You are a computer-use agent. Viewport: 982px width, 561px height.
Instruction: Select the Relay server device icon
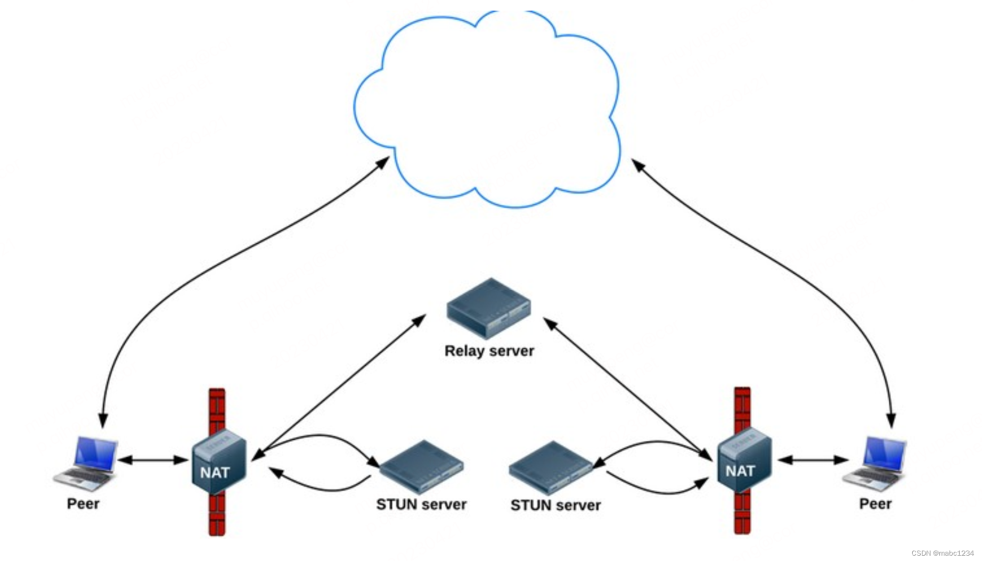coord(488,308)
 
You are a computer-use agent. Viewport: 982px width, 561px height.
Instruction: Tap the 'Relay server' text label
coord(489,351)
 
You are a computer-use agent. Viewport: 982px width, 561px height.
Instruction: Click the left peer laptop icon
coord(86,463)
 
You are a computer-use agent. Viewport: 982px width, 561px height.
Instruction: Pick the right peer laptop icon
coord(875,463)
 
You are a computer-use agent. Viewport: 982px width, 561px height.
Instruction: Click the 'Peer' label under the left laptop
coord(83,504)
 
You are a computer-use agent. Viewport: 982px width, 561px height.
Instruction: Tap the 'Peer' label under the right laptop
coord(875,504)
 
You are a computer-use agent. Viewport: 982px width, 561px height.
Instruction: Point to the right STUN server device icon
coord(551,467)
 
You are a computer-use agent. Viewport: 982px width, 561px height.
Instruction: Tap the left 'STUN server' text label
coord(421,504)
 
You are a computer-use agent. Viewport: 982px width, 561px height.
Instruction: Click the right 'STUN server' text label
coord(555,505)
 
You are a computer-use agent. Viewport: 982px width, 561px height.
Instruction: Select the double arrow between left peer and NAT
coord(153,460)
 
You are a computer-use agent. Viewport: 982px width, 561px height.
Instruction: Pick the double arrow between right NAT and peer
coord(813,460)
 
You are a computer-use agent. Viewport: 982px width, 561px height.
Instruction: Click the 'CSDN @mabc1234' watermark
coord(942,554)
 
